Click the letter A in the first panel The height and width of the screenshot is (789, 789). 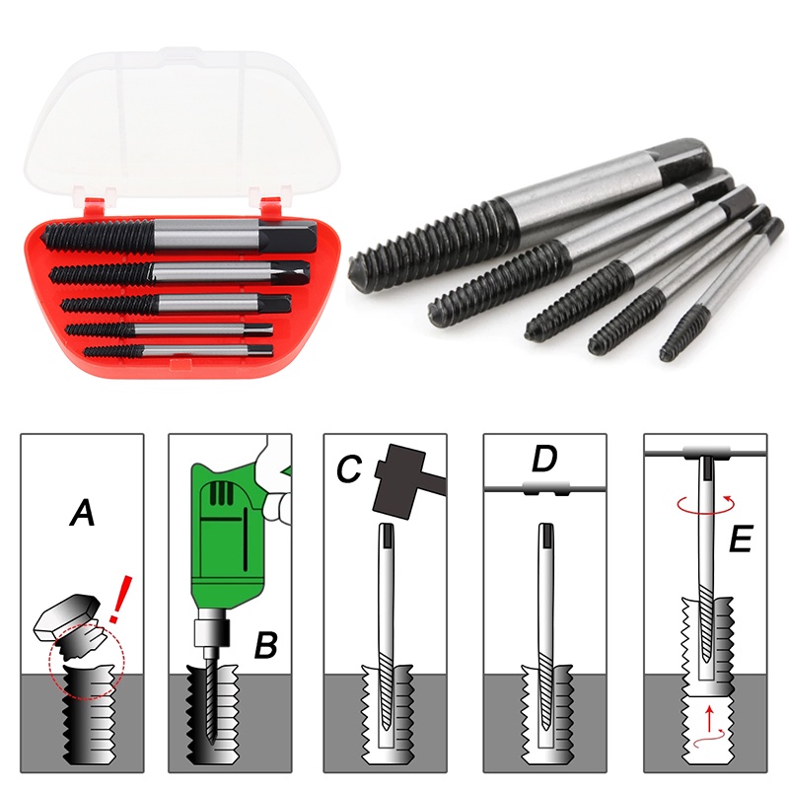point(83,513)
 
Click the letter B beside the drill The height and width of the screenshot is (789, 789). point(265,645)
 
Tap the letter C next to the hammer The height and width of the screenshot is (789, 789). point(350,469)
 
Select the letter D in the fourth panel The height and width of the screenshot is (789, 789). point(544,458)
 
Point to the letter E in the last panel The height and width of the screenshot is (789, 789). point(741,538)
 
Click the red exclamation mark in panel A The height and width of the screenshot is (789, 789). point(121,599)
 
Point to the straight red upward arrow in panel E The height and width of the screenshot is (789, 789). point(709,719)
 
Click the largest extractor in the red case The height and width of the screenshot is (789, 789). point(180,236)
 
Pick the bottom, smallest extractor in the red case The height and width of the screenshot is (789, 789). point(179,351)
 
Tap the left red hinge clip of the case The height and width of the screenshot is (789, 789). point(95,203)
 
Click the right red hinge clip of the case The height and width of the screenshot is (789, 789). point(269,203)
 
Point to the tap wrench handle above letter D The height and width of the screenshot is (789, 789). point(545,488)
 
